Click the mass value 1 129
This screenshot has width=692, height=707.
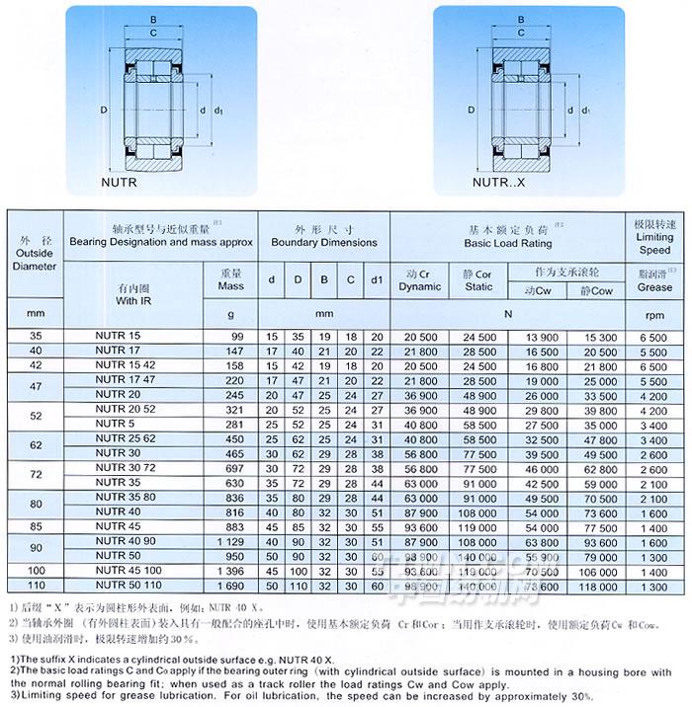pos(230,541)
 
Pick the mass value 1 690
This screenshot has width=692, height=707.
pos(230,586)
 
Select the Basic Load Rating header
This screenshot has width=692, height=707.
pos(508,242)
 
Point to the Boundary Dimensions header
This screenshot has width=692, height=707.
pos(323,242)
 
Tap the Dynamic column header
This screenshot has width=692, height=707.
pos(420,280)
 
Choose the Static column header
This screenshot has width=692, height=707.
pos(478,280)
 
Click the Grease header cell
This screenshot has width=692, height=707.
pos(654,287)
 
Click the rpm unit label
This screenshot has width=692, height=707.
pos(654,316)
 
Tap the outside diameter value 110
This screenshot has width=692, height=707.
pos(37,586)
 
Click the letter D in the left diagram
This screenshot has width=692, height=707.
pos(103,110)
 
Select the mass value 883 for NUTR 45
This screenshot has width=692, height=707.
pos(233,526)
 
